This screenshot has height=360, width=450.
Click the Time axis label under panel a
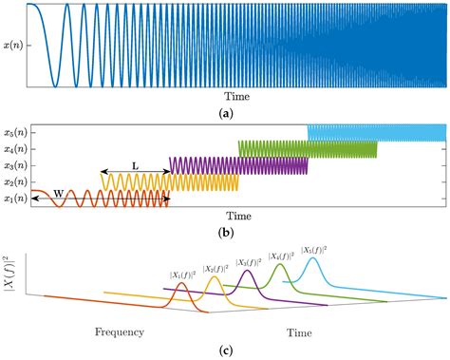pyautogui.click(x=236, y=97)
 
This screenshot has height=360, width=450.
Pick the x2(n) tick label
pyautogui.click(x=14, y=181)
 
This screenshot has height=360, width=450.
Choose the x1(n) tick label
pyautogui.click(x=14, y=198)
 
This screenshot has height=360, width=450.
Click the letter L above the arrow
pyautogui.click(x=135, y=166)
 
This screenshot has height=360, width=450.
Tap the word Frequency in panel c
pyautogui.click(x=119, y=332)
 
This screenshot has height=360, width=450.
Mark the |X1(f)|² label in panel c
pyautogui.click(x=182, y=275)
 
